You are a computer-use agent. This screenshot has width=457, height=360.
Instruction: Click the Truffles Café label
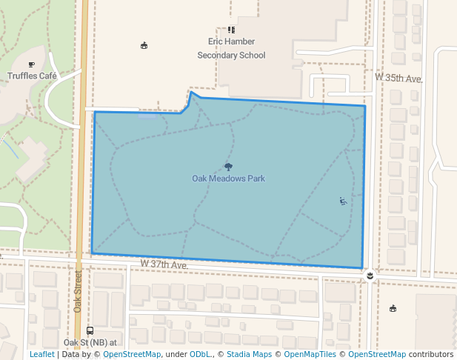pos(32,76)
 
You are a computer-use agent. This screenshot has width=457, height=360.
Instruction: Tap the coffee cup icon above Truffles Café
pos(32,64)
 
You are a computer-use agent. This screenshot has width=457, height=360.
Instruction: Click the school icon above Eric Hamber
pos(231,30)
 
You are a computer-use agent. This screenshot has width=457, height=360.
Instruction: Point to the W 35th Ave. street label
pos(398,78)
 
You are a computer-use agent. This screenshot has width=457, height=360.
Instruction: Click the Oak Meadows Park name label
pos(228,179)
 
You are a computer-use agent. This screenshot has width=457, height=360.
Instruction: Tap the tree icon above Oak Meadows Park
pos(227,167)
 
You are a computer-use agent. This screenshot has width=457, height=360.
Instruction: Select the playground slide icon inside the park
pos(343,201)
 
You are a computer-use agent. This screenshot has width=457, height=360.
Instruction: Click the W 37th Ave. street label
pos(164,264)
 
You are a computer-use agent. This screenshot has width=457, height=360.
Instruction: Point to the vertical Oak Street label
pos(78,290)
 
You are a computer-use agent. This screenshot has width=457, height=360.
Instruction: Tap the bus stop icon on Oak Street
pos(90,330)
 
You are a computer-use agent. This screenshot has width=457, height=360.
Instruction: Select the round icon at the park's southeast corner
pos(370,276)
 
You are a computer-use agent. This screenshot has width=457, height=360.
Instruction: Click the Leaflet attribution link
pos(41,354)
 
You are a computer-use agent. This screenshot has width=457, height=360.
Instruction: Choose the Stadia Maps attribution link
pos(248,354)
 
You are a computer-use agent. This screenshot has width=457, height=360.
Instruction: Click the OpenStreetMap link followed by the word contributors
pos(377,354)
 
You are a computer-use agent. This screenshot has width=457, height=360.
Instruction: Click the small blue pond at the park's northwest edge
pos(147,116)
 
